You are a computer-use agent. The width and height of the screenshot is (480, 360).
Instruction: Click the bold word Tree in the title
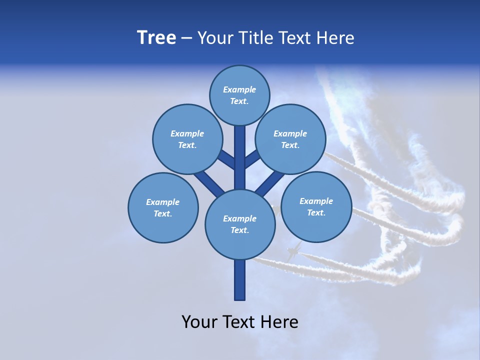coord(156,38)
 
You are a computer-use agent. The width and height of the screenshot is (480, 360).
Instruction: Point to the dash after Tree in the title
coord(186,38)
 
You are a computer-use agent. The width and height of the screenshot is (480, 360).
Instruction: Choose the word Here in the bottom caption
coord(278,321)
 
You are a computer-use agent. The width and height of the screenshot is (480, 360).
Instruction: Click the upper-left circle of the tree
coord(187,139)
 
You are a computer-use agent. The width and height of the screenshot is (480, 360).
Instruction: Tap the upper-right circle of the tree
coord(290,139)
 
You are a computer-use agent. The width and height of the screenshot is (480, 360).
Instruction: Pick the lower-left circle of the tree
coord(163,207)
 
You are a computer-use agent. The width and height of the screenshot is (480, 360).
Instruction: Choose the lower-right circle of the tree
coord(316,206)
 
